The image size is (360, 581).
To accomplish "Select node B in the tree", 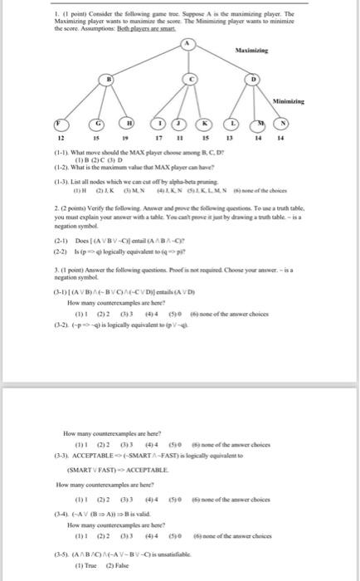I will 108,79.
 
